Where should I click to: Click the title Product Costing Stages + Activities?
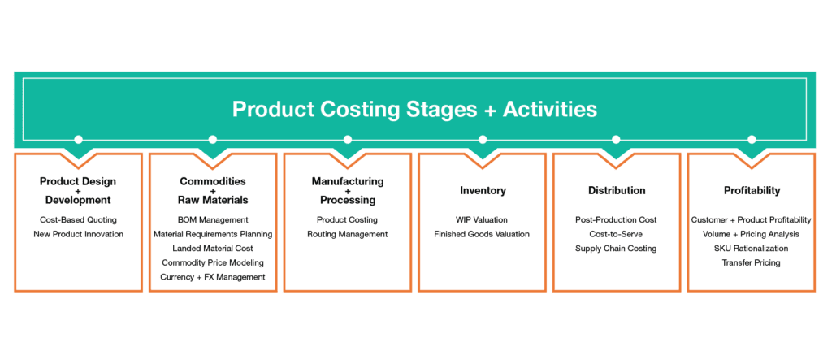pos(414,110)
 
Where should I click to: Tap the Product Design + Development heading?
pos(78,191)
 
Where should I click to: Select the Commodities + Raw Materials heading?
pos(213,191)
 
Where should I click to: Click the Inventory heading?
pos(483,190)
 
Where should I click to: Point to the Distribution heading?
pos(617,190)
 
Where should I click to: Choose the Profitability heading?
pos(752,191)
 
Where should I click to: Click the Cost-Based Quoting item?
pos(78,219)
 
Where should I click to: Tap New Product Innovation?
pos(78,233)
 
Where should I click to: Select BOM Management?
pos(213,219)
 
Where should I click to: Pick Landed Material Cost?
pos(213,248)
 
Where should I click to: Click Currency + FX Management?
pos(213,276)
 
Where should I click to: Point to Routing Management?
pos(348,233)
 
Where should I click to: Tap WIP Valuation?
pos(482,219)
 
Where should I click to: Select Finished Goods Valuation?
pos(482,233)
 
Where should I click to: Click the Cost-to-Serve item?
pos(616,233)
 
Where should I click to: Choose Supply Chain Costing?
pos(616,248)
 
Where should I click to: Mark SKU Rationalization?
pos(752,248)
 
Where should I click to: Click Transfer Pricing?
pos(752,262)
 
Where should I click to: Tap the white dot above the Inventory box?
pos(483,140)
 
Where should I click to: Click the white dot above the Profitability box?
pos(752,140)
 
